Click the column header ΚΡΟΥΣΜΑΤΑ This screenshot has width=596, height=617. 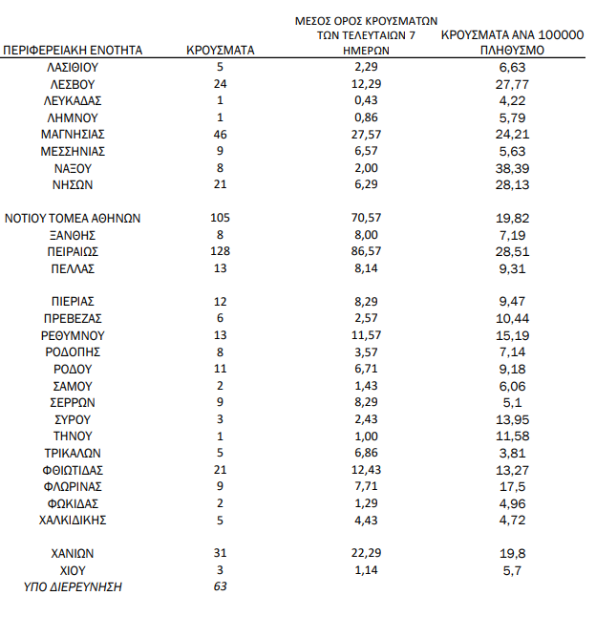[220, 50]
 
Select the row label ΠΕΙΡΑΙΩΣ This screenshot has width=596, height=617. [73, 251]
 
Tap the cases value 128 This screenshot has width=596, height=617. [220, 251]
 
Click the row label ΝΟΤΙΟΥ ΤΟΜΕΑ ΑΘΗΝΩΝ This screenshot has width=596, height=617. [73, 218]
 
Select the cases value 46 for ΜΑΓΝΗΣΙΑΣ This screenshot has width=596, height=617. [220, 134]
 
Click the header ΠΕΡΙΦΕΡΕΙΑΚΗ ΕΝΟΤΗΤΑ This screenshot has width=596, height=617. [73, 50]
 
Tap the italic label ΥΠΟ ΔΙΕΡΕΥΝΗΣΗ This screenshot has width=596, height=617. [73, 586]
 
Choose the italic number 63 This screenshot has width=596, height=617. [220, 586]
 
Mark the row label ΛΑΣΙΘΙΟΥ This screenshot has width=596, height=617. [73, 67]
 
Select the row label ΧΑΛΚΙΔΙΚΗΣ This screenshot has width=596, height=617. [73, 520]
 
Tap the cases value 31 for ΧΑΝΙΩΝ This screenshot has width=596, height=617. [220, 553]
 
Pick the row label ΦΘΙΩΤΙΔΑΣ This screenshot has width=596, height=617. [73, 469]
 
